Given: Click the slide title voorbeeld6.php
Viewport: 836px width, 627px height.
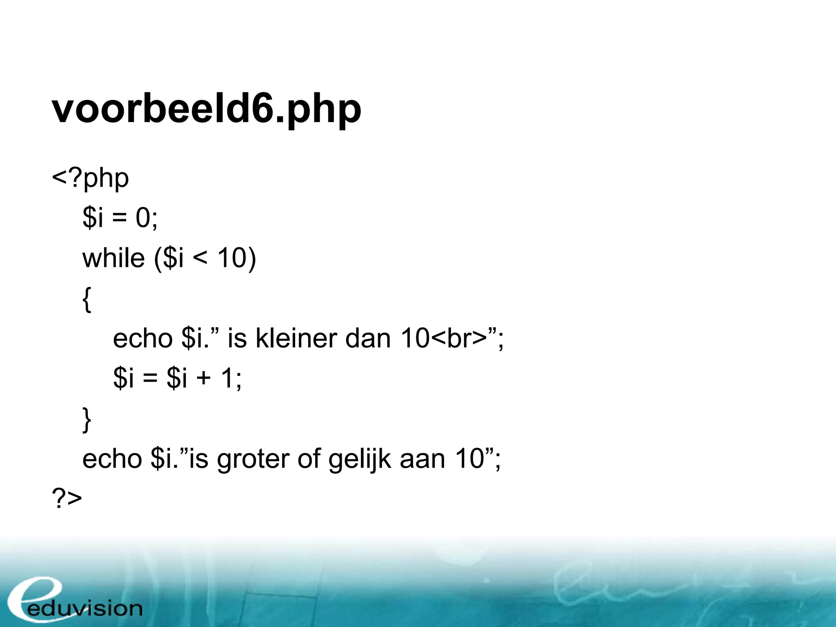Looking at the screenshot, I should pos(206,109).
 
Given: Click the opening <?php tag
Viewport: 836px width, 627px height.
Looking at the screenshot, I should pos(90,178).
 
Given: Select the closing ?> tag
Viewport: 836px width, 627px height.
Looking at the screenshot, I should pos(67,498).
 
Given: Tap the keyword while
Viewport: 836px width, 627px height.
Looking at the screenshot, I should pos(113,258).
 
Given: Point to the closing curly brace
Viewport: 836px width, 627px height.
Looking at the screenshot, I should pos(87,419).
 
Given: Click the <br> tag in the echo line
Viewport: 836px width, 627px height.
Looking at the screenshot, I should pos(459,338).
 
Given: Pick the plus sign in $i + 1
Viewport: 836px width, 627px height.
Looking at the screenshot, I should pos(203,378).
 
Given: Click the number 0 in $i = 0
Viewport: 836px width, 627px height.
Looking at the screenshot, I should pos(143,218).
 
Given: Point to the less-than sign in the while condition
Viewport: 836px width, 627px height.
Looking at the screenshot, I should pos(200,258).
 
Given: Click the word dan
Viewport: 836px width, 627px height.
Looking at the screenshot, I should pos(368,338).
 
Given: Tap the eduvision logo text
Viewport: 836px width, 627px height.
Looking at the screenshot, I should pos(85,609).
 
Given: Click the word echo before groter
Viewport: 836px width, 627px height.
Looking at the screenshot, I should pos(112,459).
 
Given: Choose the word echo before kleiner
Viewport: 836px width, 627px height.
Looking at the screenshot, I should pos(142,338).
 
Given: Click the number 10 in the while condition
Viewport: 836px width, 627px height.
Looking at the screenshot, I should pos(232,258).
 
